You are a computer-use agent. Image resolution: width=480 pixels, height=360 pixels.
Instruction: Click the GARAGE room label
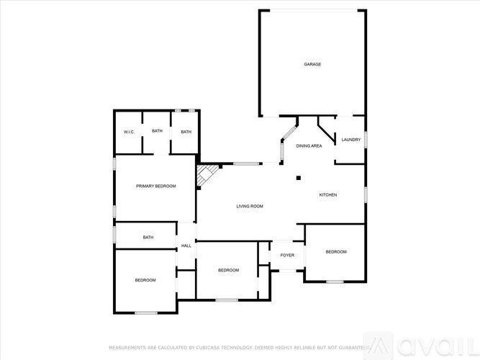click(x=312, y=65)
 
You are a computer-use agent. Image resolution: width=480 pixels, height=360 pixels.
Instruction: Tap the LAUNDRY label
click(x=350, y=140)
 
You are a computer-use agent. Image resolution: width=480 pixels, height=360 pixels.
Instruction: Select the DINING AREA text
click(x=309, y=146)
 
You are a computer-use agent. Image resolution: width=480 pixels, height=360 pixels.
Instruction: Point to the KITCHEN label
click(x=328, y=195)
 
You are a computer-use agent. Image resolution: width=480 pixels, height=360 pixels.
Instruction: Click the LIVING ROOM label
click(x=250, y=207)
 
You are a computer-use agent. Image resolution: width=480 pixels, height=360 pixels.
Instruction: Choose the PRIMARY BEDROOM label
click(x=156, y=186)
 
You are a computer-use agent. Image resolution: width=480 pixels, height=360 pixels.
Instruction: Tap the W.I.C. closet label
click(x=130, y=132)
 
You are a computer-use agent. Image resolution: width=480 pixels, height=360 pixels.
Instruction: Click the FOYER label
click(x=287, y=255)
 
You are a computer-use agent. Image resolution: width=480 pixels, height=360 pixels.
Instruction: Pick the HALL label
click(x=186, y=246)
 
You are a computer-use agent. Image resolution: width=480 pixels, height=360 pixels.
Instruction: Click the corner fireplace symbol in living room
click(x=208, y=175)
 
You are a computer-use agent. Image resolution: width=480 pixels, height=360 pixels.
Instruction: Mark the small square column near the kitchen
click(x=298, y=179)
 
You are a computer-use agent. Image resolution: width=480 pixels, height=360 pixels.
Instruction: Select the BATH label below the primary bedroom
click(x=148, y=238)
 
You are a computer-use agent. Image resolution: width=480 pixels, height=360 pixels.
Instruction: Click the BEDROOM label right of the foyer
click(x=336, y=252)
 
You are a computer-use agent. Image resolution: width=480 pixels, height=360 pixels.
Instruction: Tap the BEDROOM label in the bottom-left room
click(x=145, y=280)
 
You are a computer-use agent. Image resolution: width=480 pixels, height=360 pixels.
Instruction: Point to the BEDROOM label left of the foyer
click(x=228, y=270)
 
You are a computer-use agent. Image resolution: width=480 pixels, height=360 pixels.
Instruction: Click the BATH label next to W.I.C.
click(x=157, y=132)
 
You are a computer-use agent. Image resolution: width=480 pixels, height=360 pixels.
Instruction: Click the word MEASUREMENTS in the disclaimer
click(x=125, y=347)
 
